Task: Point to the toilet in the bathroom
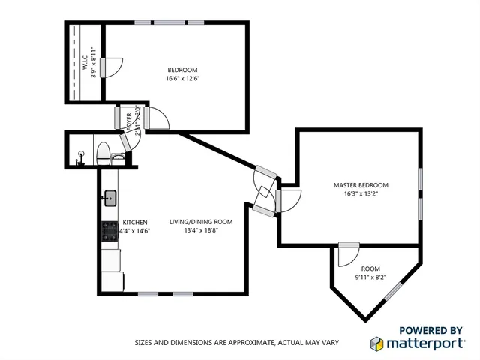tap(102, 154)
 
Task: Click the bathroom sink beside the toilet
tap(118, 158)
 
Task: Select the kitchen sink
tap(109, 198)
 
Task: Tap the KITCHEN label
tap(136, 222)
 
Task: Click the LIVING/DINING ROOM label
tap(200, 222)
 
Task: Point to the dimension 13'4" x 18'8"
tap(200, 231)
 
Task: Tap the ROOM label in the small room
tap(370, 268)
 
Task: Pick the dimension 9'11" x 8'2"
tap(370, 277)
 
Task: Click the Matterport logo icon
tap(378, 343)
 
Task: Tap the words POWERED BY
tap(430, 329)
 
